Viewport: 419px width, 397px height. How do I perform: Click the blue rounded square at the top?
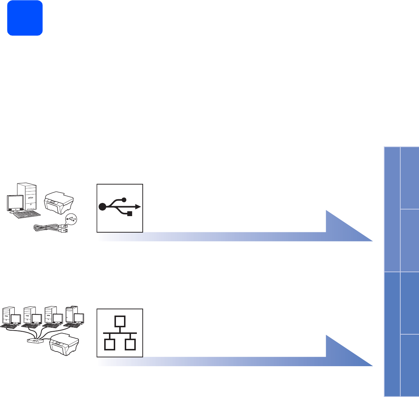25,18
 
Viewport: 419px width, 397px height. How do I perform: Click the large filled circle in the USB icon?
103,207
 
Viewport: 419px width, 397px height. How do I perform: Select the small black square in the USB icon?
129,214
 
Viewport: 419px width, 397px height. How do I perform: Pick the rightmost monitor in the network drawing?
79,318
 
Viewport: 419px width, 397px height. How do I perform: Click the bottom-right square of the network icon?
130,345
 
